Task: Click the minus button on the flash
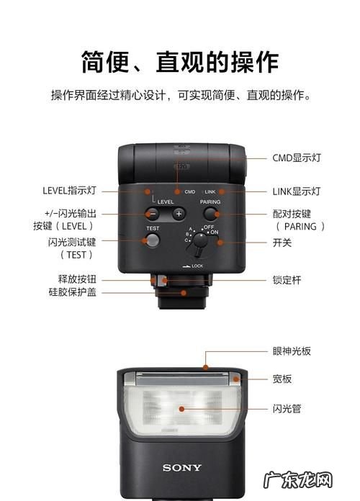pos(153,213)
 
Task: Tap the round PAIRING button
pos(210,214)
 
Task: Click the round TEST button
pos(153,240)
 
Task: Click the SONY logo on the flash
pos(181,468)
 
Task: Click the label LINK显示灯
pos(296,191)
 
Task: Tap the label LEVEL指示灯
pos(69,191)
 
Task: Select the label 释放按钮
pos(77,279)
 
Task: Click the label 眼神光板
pos(292,353)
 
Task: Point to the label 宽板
pos(282,379)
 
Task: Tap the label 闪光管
pos(287,408)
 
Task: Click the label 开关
pos(282,243)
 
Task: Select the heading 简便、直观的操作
pos(179,63)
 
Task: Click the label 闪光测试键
pos(72,242)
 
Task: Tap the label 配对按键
pos(292,214)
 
